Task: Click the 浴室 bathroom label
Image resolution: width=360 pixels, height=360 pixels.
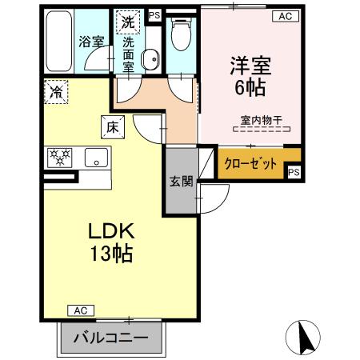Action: [x=92, y=41]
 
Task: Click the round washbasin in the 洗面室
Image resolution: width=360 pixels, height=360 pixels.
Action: [x=150, y=57]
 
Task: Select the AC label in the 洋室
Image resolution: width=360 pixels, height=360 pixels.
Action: [x=285, y=15]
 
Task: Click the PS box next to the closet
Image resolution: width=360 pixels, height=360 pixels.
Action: [x=294, y=172]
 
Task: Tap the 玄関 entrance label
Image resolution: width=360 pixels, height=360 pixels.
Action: [x=181, y=182]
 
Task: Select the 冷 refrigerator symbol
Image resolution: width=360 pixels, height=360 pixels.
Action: [x=56, y=92]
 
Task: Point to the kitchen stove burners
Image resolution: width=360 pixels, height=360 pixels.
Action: [x=61, y=158]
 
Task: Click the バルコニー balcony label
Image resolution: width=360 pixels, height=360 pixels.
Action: [x=111, y=338]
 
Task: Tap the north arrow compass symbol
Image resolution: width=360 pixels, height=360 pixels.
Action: [x=304, y=337]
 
